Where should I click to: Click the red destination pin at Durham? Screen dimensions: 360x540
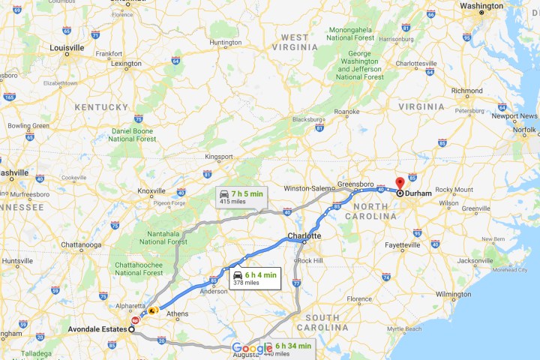(400, 184)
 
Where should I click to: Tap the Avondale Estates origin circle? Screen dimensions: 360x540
(131, 328)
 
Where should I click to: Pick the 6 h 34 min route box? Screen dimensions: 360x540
(289, 349)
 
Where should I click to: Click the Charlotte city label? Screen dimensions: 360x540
(304, 235)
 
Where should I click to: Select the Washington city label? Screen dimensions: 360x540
(481, 6)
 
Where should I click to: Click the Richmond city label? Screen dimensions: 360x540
(466, 91)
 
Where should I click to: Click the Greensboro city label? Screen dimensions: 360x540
(356, 184)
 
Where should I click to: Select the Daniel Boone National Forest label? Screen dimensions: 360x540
(133, 134)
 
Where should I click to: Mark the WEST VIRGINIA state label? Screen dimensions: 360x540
(295, 41)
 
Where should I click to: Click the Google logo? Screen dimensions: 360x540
(252, 348)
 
